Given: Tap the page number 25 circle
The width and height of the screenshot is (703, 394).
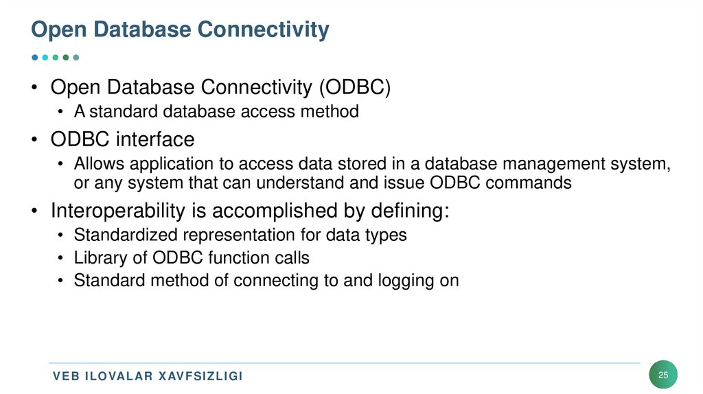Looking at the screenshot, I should tap(663, 375).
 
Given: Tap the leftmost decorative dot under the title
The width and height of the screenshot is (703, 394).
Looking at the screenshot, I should tap(34, 58).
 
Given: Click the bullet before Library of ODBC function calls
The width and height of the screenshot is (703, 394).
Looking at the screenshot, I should tap(61, 258).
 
